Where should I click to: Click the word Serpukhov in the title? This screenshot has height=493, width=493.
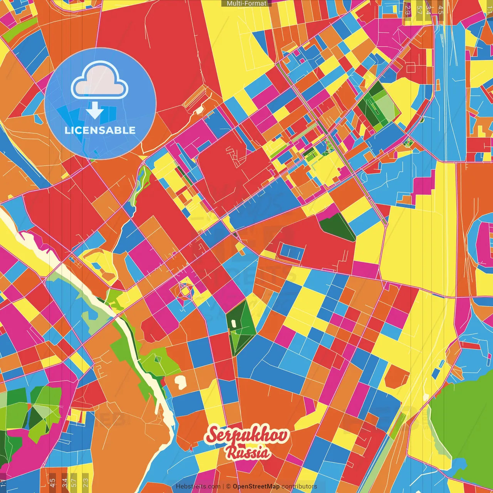[247, 435]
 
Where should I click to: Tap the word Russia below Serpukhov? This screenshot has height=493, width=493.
[248, 452]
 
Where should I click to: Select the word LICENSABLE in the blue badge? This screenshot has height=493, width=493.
[100, 130]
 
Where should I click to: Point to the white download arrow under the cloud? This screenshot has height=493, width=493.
[95, 111]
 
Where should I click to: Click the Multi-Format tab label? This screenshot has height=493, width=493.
[246, 3]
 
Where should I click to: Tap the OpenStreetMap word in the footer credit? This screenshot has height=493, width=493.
[256, 486]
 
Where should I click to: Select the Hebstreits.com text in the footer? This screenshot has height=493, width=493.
[198, 486]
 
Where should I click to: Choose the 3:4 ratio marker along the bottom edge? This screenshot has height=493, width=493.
[64, 482]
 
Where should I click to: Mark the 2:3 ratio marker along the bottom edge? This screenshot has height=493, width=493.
[86, 482]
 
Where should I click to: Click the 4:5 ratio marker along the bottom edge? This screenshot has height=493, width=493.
[52, 482]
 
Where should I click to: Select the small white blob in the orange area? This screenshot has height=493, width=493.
[180, 381]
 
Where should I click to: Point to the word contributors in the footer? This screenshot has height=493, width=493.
[299, 486]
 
